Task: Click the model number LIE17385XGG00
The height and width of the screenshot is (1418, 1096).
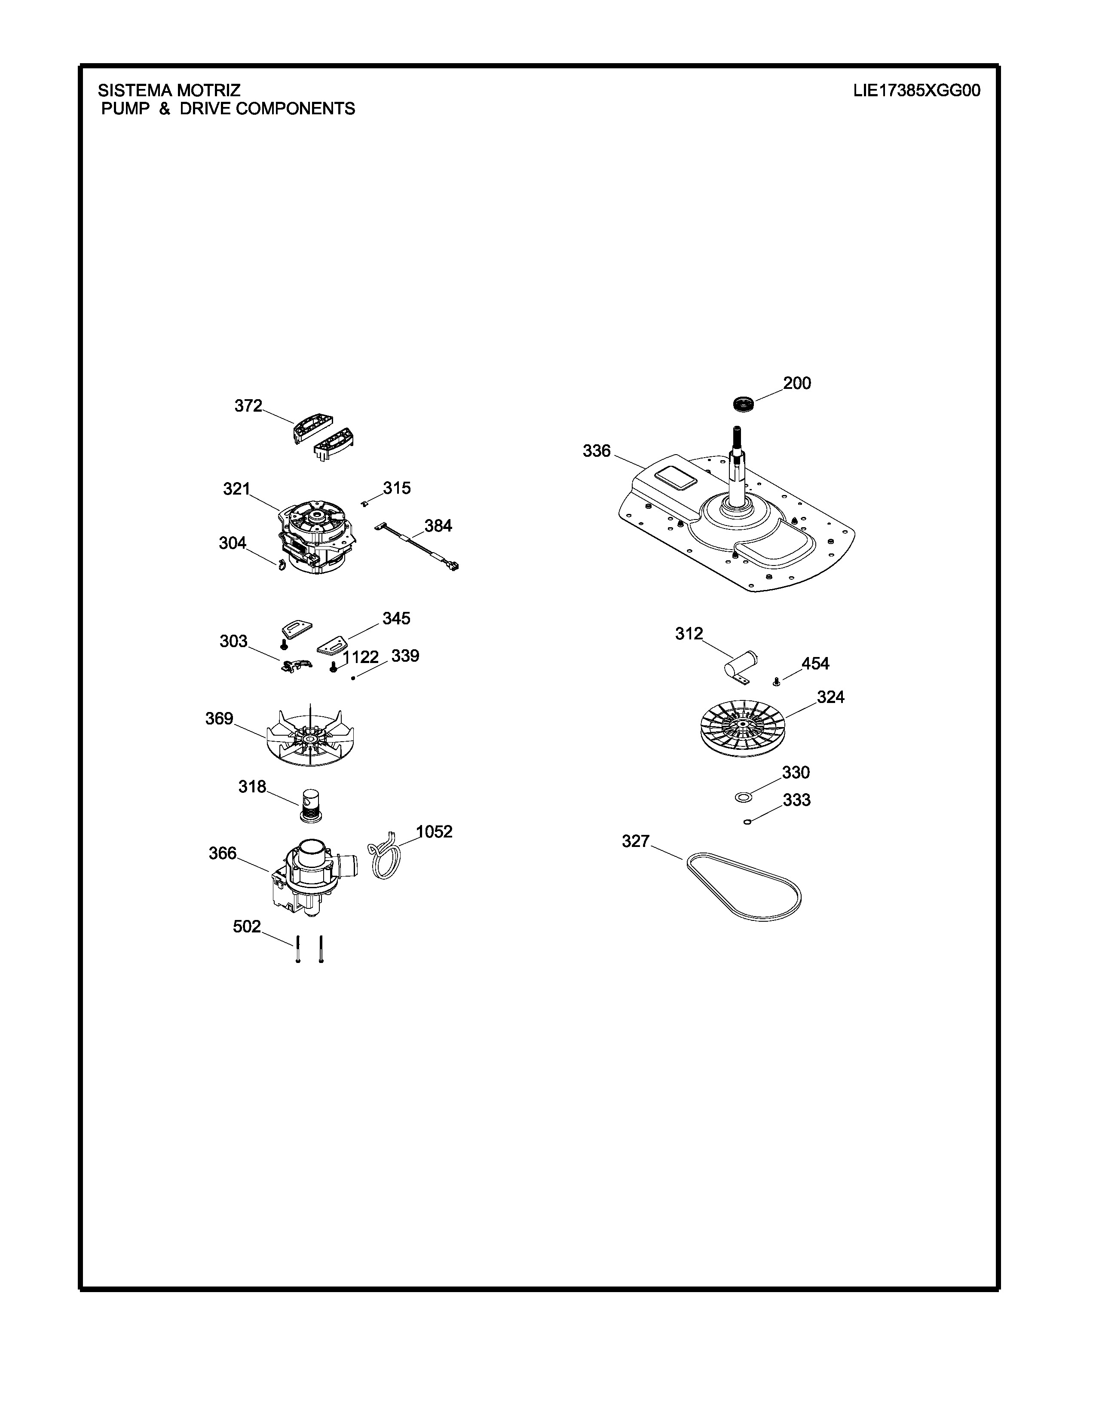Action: click(x=916, y=90)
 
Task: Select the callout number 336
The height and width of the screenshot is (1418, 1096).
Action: click(x=597, y=451)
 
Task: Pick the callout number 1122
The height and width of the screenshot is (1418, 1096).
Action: click(x=360, y=657)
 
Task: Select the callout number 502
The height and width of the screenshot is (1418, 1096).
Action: click(x=247, y=926)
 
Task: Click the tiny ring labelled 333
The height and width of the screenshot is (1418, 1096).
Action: click(x=747, y=822)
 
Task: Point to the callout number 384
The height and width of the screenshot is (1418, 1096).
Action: click(x=438, y=526)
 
